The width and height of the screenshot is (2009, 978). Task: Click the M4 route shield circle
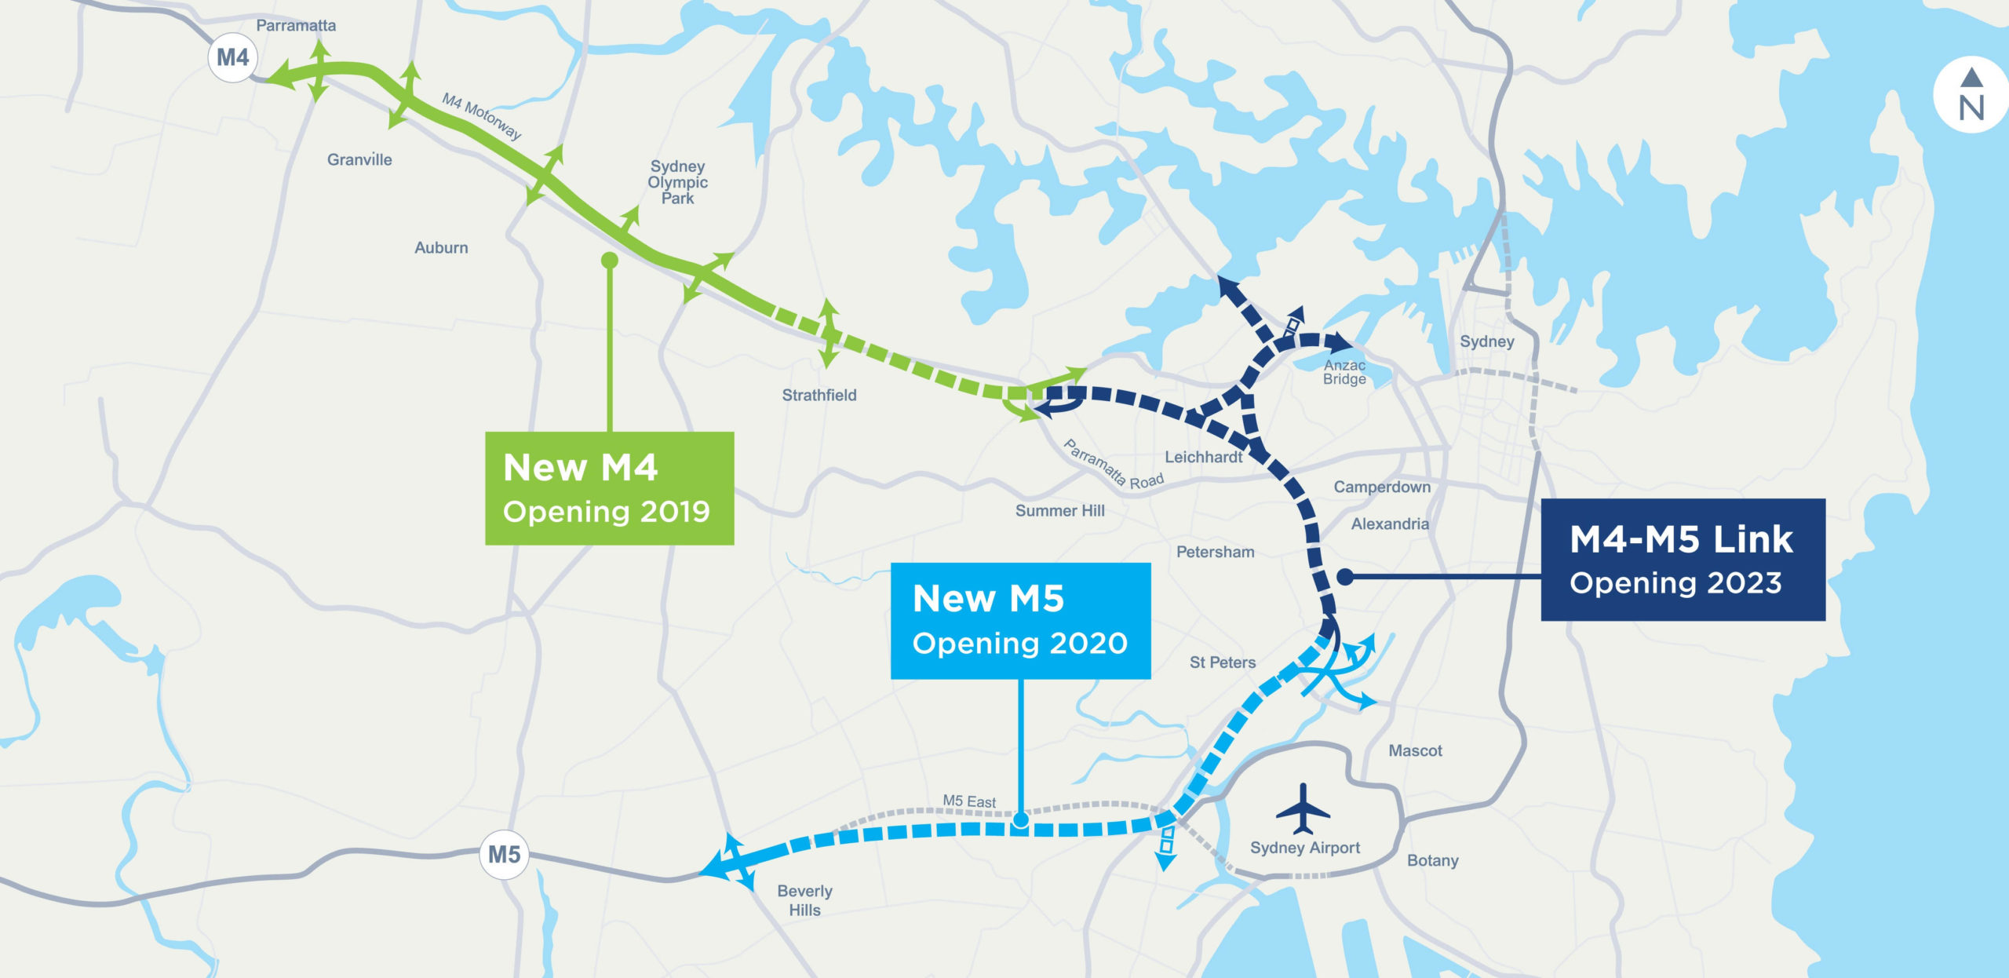coord(233,58)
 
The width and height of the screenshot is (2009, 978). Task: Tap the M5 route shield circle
coord(504,854)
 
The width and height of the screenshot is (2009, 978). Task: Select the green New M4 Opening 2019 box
coord(609,488)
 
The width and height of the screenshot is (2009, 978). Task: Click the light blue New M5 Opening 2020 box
coord(1020,620)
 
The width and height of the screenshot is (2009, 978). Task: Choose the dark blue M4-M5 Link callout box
coord(1683,560)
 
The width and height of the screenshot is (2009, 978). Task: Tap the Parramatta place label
coord(296,26)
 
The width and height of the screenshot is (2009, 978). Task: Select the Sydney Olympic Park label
coord(677,182)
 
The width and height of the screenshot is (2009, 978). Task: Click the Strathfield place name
coord(819,396)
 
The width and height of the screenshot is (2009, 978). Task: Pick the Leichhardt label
coord(1203,457)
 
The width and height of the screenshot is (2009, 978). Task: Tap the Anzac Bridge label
coord(1344,372)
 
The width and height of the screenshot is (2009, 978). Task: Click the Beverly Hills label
coord(804,900)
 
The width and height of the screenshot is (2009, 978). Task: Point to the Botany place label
coord(1432,860)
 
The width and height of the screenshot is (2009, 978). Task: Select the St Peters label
coord(1222,662)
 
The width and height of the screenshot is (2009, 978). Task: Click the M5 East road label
coord(969,801)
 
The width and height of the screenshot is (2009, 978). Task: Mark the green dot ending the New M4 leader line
coord(610,261)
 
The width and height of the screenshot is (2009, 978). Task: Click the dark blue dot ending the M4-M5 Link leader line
coord(1345,577)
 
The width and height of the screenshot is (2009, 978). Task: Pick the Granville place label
coord(359,160)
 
